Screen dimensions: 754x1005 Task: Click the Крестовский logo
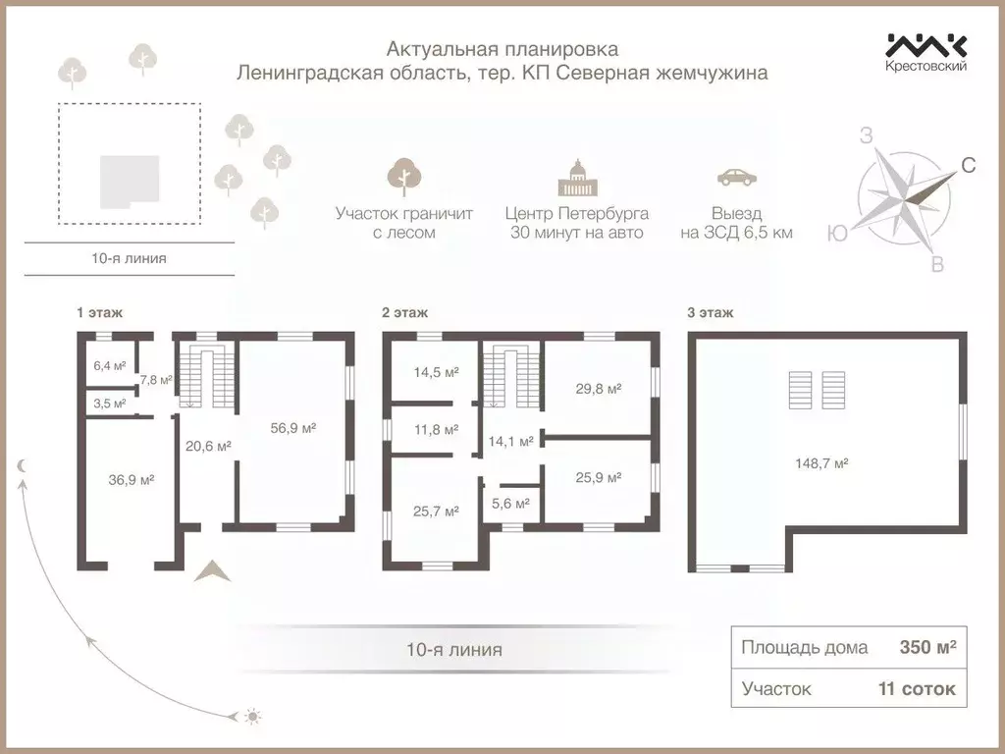[x=926, y=52]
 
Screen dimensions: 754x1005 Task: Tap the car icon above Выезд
[x=736, y=178]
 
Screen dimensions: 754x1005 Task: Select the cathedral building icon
[x=576, y=178]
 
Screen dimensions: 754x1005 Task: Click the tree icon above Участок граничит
[x=403, y=178]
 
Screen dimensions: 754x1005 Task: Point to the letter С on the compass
[x=968, y=166]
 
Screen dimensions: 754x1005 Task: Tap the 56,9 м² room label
[x=293, y=428]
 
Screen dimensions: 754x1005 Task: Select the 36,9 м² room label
[x=131, y=479]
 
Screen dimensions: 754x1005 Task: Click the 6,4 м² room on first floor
[x=109, y=366]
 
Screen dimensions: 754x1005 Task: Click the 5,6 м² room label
[x=509, y=504]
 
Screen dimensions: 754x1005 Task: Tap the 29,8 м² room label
[x=598, y=389]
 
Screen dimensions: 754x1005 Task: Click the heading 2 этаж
[x=404, y=313]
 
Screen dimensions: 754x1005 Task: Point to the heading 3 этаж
[x=710, y=313]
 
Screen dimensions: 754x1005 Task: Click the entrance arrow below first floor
[x=212, y=570]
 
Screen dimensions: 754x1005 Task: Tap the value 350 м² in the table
[x=927, y=648]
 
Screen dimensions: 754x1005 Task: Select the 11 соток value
[x=916, y=689]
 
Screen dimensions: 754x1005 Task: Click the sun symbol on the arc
[x=252, y=717]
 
